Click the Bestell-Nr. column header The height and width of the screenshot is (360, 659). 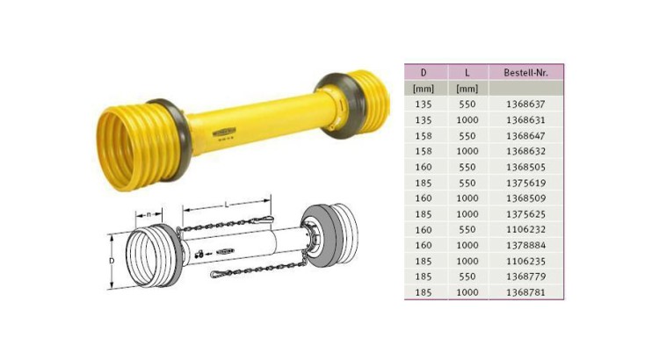point(525,73)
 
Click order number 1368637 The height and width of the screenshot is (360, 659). point(525,104)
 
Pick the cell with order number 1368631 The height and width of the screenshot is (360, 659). point(525,119)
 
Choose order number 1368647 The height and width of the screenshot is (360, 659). point(525,134)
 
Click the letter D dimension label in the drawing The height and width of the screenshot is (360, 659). point(111,261)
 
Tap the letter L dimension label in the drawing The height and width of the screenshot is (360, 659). point(228,203)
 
